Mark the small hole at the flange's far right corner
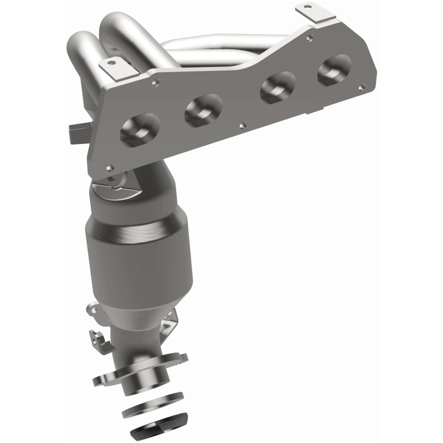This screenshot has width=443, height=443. point(362,86)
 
